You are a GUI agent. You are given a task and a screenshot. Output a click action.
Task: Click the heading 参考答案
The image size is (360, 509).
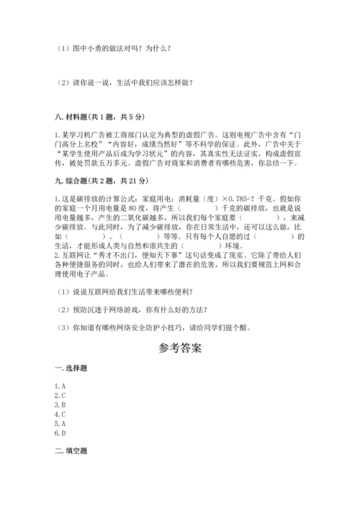pyautogui.click(x=180, y=347)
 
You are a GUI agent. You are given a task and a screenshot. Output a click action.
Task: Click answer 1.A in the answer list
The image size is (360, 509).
pyautogui.click(x=60, y=387)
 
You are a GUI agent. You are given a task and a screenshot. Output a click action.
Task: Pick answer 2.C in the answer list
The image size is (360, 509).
pyautogui.click(x=60, y=396)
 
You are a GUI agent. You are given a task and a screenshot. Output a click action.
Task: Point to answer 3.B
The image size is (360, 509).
pyautogui.click(x=60, y=405)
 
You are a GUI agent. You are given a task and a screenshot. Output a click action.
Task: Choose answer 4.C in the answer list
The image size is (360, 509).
pyautogui.click(x=60, y=415)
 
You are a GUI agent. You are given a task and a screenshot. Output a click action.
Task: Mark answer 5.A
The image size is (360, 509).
pyautogui.click(x=60, y=424)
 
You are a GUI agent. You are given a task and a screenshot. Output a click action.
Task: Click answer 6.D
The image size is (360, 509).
pyautogui.click(x=60, y=433)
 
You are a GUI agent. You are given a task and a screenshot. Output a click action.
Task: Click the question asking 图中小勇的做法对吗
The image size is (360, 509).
pyautogui.click(x=114, y=49)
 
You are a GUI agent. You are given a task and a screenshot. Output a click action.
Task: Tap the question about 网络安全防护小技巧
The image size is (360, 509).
pyautogui.click(x=154, y=327)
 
